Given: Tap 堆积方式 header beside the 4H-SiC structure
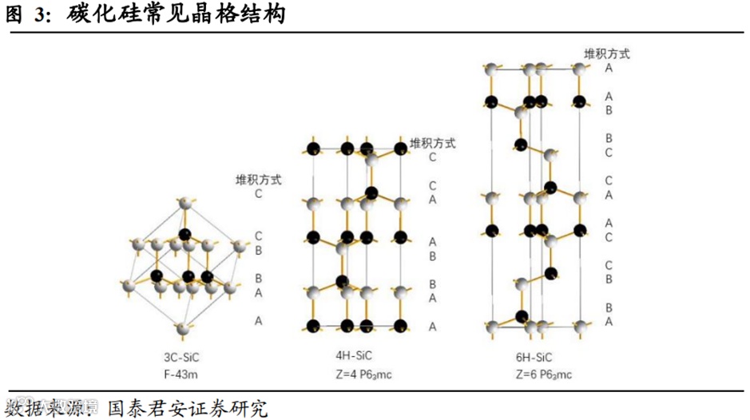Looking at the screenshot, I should (432, 143).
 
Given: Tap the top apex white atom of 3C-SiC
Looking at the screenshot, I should (186, 204).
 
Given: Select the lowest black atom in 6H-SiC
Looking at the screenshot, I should (522, 316).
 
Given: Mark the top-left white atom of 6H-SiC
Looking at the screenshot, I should (492, 70).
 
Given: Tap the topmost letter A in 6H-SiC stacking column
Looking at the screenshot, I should (609, 68).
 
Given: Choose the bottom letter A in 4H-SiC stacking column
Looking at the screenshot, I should (432, 327).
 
